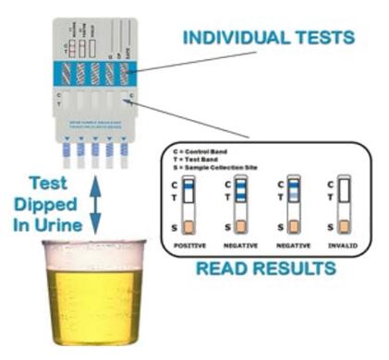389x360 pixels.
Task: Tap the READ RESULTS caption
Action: pyautogui.click(x=267, y=270)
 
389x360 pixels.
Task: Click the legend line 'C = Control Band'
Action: pyautogui.click(x=211, y=149)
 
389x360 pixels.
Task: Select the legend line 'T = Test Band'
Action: pyautogui.click(x=205, y=157)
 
